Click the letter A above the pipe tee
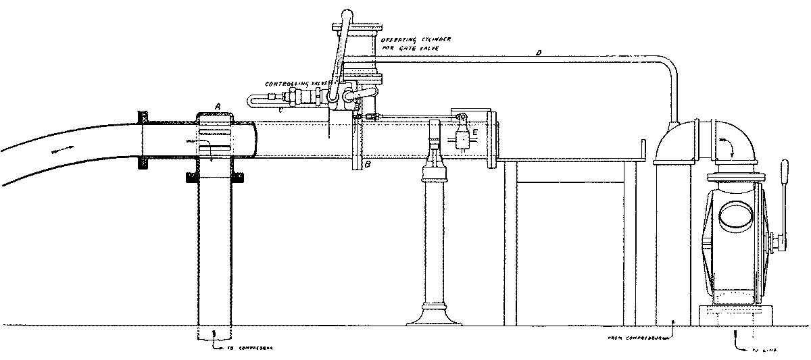pyautogui.click(x=217, y=105)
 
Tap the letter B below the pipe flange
pyautogui.click(x=368, y=164)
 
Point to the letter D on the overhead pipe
pyautogui.click(x=539, y=52)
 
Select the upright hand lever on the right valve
pyautogui.click(x=786, y=203)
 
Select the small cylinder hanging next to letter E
pyautogui.click(x=464, y=139)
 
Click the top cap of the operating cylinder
pyautogui.click(x=357, y=28)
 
